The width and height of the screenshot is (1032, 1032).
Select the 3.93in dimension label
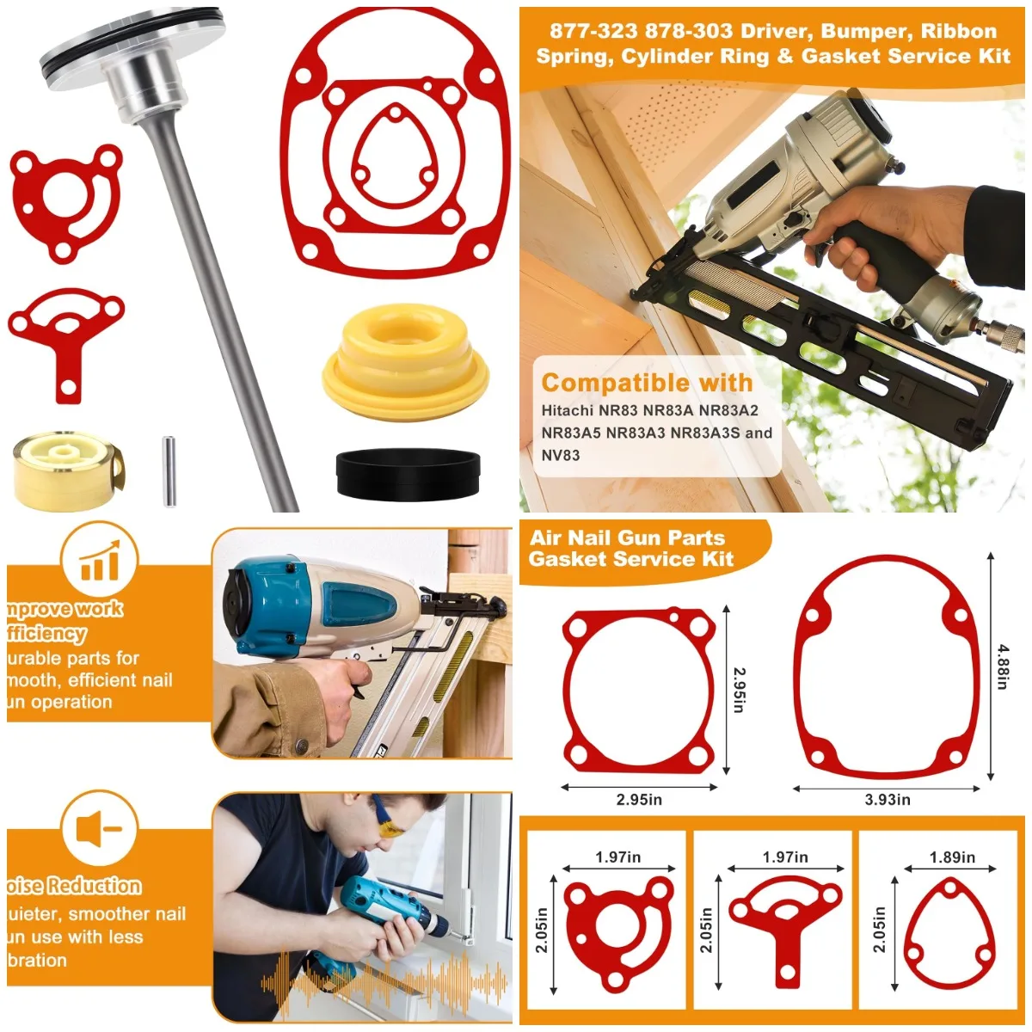[888, 800]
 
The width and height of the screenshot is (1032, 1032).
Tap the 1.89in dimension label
[952, 857]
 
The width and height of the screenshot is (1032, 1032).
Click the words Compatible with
[647, 383]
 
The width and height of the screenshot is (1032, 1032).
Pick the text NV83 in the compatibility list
[561, 455]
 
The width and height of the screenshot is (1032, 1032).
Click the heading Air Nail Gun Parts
[627, 538]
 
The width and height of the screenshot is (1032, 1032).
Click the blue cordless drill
[387, 924]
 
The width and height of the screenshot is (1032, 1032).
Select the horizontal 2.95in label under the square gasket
[639, 800]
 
